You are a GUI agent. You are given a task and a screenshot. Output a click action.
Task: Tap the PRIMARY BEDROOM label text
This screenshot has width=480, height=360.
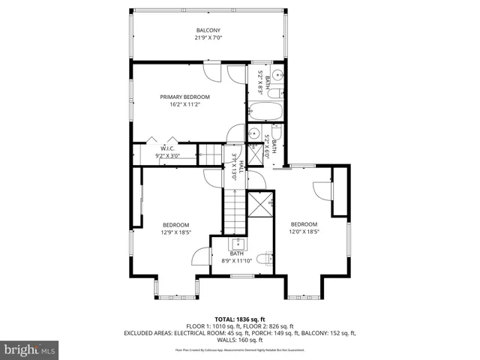[x=184, y=97]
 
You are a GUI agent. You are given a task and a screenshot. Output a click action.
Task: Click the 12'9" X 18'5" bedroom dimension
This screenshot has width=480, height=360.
[x=176, y=233]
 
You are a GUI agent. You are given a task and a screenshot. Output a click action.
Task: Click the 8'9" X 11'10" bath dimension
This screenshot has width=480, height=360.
[x=238, y=261]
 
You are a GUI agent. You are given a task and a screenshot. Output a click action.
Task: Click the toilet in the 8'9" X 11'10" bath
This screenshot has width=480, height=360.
[x=263, y=259]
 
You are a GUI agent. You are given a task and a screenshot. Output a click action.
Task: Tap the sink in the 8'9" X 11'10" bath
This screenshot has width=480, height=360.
[x=238, y=244]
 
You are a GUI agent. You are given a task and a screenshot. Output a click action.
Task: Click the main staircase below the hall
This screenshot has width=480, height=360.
[x=234, y=210]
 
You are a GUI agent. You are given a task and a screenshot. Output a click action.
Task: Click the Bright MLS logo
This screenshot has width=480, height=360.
[x=30, y=349]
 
